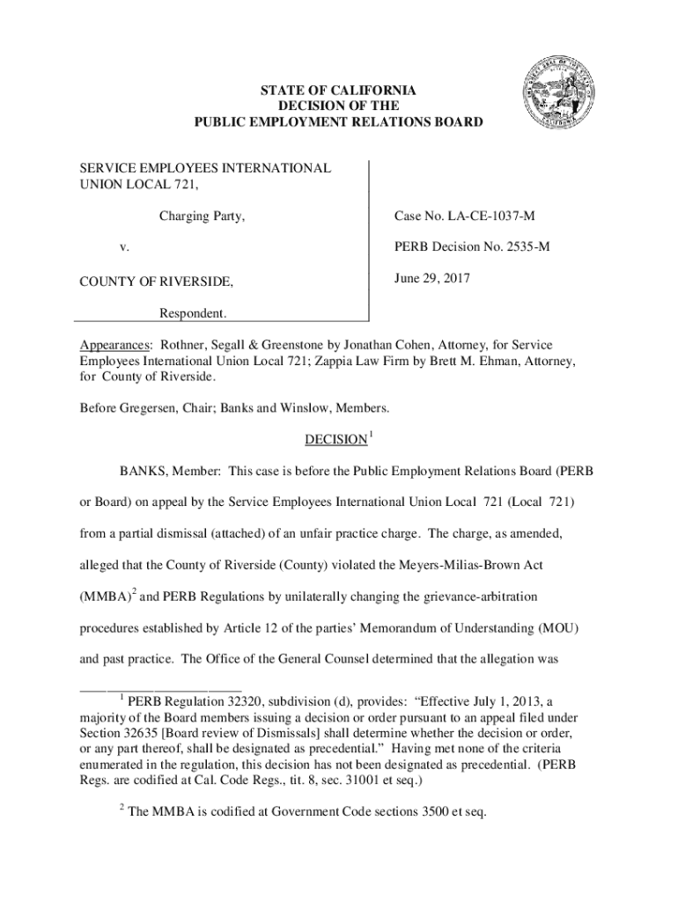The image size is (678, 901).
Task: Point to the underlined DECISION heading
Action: (335, 439)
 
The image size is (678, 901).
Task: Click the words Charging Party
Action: (202, 217)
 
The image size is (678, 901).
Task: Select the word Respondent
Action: (192, 313)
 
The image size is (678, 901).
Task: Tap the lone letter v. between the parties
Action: (125, 248)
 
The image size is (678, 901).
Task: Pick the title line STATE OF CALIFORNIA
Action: (338, 91)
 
